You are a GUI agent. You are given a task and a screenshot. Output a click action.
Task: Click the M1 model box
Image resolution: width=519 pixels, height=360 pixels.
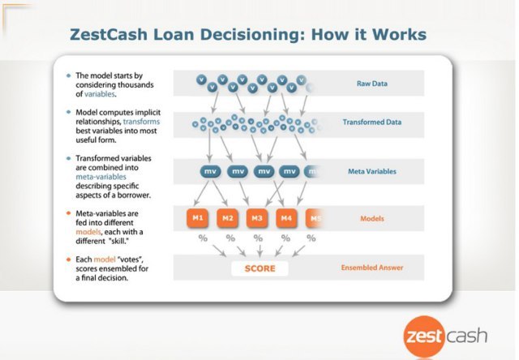[x=198, y=218]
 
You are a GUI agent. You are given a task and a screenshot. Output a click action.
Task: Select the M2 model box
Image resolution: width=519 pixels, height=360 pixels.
[x=227, y=218]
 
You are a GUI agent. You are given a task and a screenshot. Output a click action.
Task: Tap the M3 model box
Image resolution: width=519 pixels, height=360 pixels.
[x=257, y=218]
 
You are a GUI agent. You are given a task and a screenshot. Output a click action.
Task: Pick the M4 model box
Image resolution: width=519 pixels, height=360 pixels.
[x=286, y=218]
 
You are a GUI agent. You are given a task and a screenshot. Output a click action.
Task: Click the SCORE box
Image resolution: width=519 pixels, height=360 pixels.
[x=259, y=268]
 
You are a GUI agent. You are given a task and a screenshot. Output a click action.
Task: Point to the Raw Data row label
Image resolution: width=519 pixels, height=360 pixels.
[x=372, y=84]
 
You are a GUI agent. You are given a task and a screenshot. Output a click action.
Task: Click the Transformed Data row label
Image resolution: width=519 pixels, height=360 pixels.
[x=372, y=122]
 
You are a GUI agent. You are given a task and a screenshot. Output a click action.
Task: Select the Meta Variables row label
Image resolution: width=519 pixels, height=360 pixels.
[x=372, y=171]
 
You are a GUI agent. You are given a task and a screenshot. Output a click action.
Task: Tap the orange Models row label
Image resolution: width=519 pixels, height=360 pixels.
[x=372, y=218]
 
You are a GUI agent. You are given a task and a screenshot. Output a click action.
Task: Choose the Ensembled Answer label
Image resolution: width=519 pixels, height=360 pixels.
[x=372, y=268]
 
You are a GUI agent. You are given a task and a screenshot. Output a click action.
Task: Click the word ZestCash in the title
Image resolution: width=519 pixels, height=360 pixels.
[x=109, y=34]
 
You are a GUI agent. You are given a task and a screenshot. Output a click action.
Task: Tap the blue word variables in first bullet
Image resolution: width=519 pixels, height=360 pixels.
[x=99, y=94]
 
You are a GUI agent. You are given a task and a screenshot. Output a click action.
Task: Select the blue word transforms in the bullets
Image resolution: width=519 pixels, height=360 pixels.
[x=141, y=122]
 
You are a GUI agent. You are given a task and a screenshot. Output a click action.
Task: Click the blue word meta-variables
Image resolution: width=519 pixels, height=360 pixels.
[x=101, y=177]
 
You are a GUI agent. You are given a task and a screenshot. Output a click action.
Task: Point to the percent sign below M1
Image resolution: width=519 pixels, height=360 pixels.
[x=203, y=238]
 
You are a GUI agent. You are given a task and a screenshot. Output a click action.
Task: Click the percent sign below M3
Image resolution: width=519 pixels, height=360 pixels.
[x=258, y=238]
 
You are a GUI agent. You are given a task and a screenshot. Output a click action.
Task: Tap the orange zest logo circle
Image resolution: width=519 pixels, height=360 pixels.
[x=424, y=336]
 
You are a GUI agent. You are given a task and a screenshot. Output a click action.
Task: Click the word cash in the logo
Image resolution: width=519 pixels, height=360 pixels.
[x=467, y=336]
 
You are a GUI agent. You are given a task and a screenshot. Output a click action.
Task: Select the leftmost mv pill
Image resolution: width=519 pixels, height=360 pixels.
[x=210, y=171]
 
